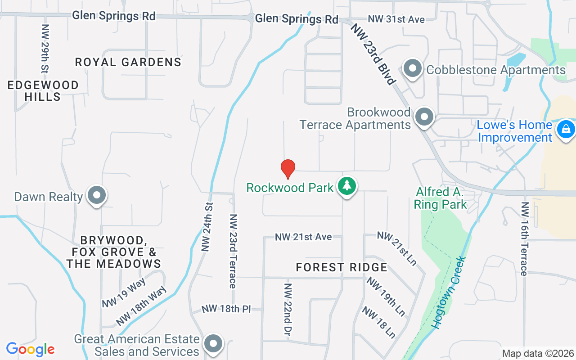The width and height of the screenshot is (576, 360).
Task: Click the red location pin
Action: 288,169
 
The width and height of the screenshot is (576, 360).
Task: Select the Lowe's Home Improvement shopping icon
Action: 565,130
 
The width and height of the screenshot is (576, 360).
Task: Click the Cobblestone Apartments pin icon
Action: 412,69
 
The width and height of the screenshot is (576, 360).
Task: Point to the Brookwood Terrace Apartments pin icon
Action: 423,117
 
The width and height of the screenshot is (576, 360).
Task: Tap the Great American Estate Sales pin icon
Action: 213,344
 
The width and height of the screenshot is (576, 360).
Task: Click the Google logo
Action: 30,349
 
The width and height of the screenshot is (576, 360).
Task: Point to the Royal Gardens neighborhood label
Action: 128,62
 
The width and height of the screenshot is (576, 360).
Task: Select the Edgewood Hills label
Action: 43,90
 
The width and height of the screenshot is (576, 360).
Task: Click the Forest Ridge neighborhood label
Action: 342,268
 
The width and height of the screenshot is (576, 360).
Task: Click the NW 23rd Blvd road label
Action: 373,54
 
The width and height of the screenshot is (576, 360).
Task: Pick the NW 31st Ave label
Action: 396,19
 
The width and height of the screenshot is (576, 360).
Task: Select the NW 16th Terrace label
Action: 524,238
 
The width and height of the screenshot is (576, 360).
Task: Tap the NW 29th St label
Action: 45,49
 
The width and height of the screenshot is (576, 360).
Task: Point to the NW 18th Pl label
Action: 231,309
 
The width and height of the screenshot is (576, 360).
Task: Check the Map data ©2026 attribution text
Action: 538,354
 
